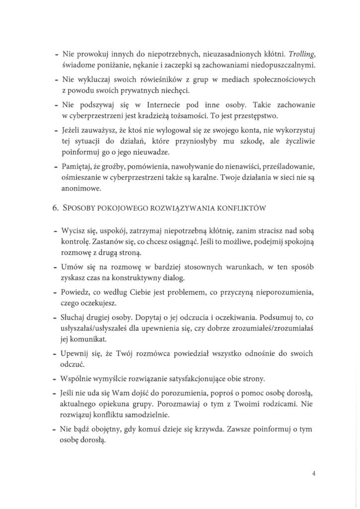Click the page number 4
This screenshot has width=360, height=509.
(314, 474)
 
